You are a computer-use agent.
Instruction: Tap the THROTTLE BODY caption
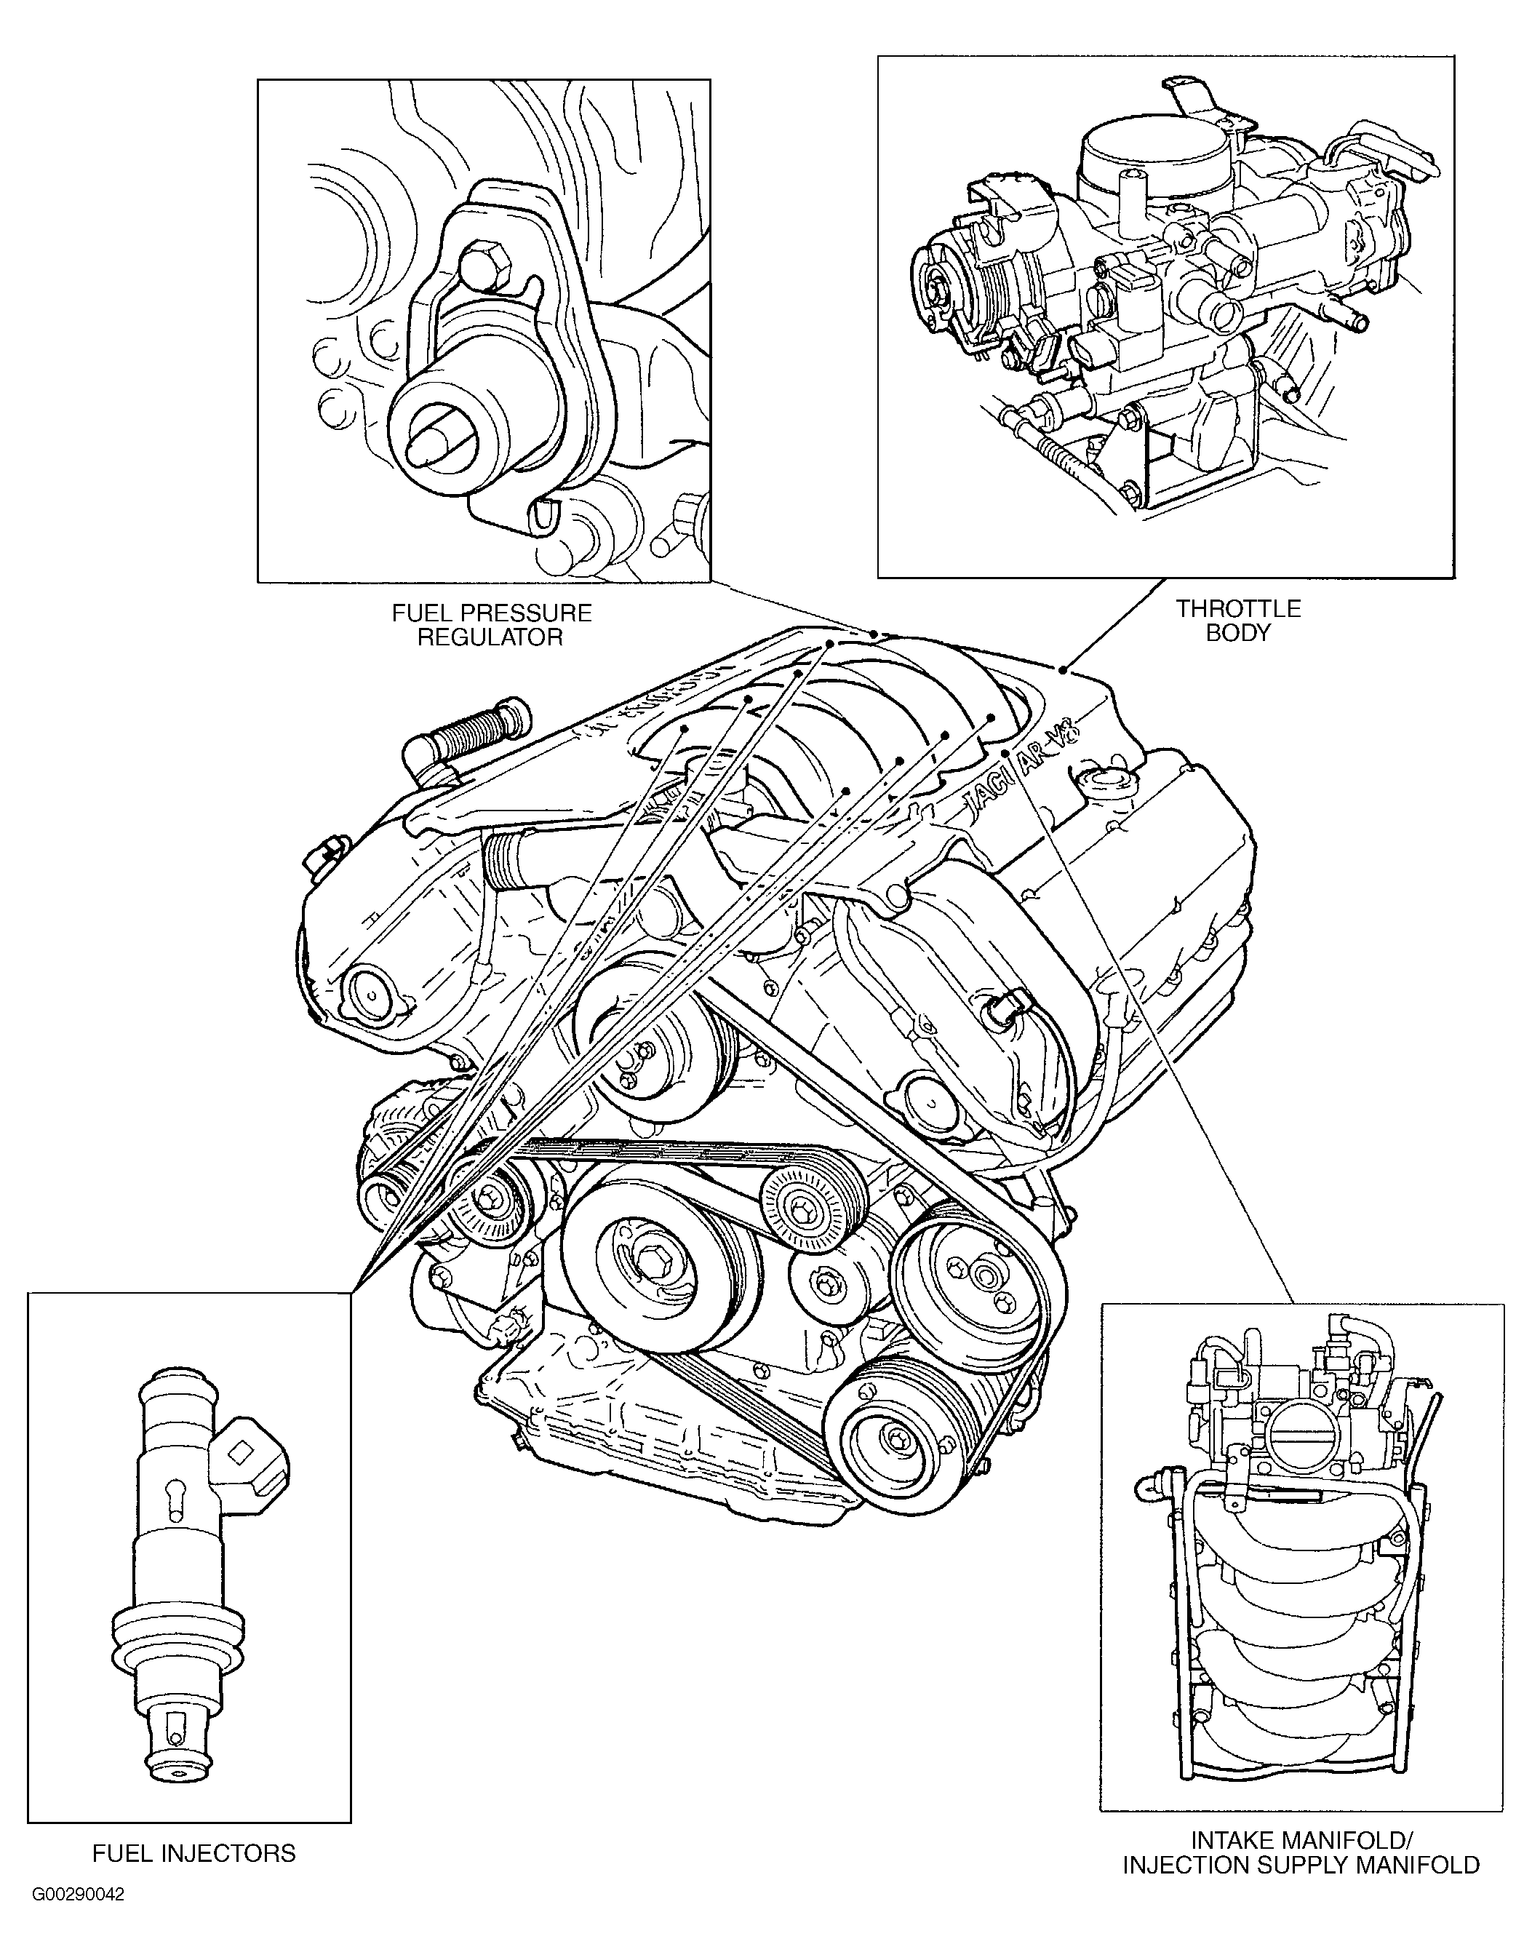[x=1238, y=620]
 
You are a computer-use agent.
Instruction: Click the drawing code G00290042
[x=78, y=1920]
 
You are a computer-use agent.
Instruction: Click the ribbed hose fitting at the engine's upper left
[x=466, y=730]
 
